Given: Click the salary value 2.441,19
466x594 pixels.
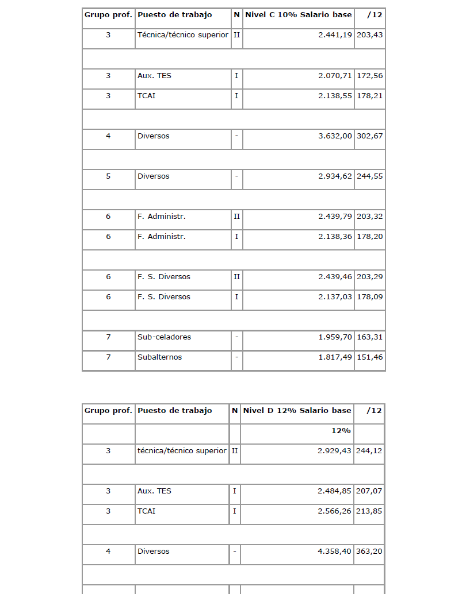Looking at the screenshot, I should pos(335,34).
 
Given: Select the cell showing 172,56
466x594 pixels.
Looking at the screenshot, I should pos(370,76).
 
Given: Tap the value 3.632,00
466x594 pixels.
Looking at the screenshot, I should pos(335,136).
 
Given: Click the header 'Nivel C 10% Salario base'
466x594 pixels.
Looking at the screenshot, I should pos(298,14).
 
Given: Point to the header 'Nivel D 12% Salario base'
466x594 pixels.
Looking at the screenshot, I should pos(297,410).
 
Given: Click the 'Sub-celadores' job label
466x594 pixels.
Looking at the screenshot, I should pos(164,337).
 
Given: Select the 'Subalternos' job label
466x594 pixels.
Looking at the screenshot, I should pos(159,357).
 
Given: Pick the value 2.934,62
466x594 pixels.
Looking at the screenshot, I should pos(335,176).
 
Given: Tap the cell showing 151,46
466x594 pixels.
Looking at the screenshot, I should pos(370,357).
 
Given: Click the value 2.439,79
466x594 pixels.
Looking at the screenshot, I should pos(335,217).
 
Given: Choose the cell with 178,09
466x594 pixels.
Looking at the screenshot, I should pos(370,297).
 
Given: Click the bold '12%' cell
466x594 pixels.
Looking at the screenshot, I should pos(341,430).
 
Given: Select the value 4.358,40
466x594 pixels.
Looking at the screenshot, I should pos(334,551).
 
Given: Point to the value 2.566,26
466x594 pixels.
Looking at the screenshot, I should pos(334,511).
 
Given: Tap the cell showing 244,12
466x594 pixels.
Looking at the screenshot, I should pos(370,451).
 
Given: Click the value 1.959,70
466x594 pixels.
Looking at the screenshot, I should pos(335,337).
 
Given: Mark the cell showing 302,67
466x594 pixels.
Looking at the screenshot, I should pos(370,136).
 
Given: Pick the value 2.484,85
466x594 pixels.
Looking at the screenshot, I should pos(334,491).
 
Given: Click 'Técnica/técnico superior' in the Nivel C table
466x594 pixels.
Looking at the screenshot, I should pos(182,34).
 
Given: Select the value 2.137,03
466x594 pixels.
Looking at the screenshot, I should pos(335,297).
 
